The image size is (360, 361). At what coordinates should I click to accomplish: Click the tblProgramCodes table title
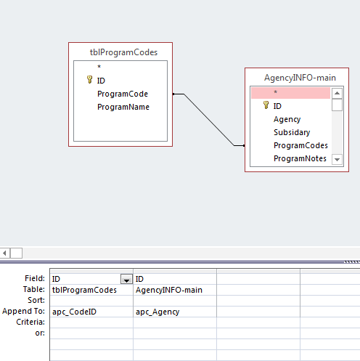click(123, 52)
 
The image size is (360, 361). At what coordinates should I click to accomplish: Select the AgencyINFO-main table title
click(300, 78)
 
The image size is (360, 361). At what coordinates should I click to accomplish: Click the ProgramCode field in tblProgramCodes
click(123, 94)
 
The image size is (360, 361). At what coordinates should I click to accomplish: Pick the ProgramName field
click(123, 107)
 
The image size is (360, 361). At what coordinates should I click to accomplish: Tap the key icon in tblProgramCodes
click(89, 80)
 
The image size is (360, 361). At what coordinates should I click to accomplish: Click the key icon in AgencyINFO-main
click(266, 105)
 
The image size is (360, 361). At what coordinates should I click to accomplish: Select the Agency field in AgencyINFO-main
click(287, 119)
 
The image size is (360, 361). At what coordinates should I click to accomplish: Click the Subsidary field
click(292, 132)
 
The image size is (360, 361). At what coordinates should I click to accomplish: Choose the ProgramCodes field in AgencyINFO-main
click(300, 145)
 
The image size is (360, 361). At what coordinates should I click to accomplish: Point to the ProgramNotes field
click(300, 158)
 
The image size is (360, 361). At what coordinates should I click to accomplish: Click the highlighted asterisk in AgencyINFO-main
click(275, 92)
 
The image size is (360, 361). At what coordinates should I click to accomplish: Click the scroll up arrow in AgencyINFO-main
click(337, 93)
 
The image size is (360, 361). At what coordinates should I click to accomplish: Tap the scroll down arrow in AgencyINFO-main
click(337, 160)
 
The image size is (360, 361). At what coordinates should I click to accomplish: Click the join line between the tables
click(209, 120)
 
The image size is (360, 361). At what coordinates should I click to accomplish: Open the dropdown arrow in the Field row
click(126, 279)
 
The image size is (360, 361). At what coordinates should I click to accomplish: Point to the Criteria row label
click(30, 322)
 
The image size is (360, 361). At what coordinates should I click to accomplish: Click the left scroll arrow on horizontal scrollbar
click(4, 253)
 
